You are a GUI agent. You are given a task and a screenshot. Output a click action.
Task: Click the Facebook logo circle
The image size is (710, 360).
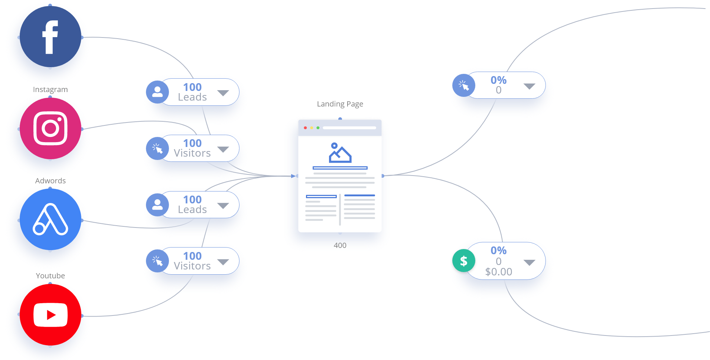pos(50,36)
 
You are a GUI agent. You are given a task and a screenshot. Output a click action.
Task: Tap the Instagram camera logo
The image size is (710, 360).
pos(50,128)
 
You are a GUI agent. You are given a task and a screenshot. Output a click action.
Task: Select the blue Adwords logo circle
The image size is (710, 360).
pos(50,219)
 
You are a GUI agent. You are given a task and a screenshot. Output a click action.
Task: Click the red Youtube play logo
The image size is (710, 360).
pos(50,315)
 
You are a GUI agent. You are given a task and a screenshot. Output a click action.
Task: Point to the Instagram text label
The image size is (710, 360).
pos(50,89)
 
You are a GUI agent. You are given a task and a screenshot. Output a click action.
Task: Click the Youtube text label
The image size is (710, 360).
pos(50,276)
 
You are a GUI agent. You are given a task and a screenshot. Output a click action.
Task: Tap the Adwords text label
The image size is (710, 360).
pos(50,181)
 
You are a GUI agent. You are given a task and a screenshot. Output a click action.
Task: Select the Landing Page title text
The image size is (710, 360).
pos(340,104)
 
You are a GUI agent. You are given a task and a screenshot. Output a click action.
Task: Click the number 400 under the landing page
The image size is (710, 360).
pos(340,245)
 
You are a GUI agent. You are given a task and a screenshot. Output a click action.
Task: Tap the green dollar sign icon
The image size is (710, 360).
pos(463,261)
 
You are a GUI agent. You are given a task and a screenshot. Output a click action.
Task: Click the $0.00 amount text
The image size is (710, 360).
pos(498,272)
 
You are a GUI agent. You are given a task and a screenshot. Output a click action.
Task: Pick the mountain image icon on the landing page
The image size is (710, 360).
pos(340,153)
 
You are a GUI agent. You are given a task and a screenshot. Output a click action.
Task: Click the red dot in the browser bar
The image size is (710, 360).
pos(305,128)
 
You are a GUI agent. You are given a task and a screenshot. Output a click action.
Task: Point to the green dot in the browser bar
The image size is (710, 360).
pos(318,128)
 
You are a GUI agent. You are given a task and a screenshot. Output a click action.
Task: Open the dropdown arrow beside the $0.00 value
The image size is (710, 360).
pos(529,262)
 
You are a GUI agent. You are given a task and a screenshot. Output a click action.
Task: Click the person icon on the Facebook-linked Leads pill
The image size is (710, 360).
pos(157,92)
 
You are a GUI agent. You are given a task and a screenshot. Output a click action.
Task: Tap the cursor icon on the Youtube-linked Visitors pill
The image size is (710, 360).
pos(157,261)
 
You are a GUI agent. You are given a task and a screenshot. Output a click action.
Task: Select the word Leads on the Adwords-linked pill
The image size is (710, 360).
pos(192,210)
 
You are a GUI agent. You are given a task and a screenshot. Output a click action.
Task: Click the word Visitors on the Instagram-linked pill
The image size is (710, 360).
pos(192,153)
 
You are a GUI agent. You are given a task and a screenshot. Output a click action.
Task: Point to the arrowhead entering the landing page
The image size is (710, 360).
pos(293,176)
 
